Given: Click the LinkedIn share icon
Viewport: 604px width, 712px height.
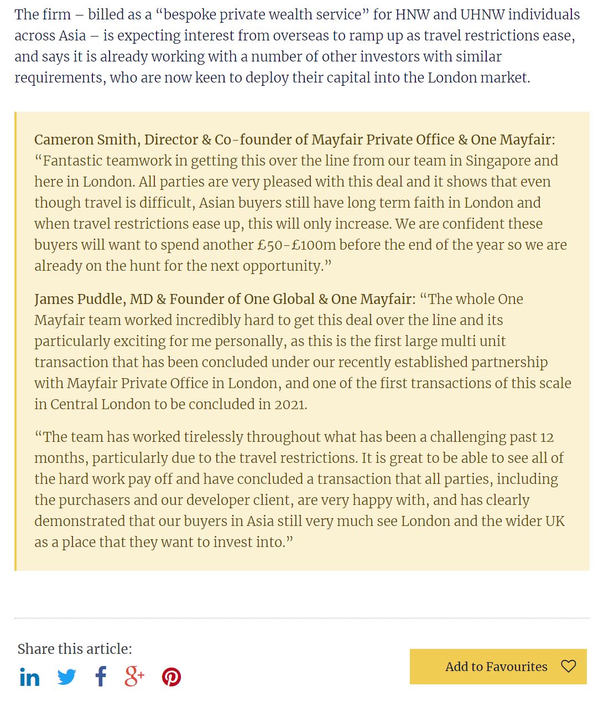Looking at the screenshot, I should [x=29, y=677].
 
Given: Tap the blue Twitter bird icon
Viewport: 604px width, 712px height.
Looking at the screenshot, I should [x=67, y=677].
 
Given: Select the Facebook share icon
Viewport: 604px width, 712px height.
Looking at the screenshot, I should [x=101, y=677].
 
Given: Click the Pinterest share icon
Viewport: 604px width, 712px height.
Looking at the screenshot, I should [x=171, y=677].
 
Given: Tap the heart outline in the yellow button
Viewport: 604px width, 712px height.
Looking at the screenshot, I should [x=568, y=666].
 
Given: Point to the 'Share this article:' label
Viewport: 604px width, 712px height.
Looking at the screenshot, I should [x=75, y=649].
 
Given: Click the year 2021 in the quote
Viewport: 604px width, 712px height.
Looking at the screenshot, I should [x=290, y=405].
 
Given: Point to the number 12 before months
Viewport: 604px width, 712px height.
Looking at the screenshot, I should [x=546, y=437].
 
